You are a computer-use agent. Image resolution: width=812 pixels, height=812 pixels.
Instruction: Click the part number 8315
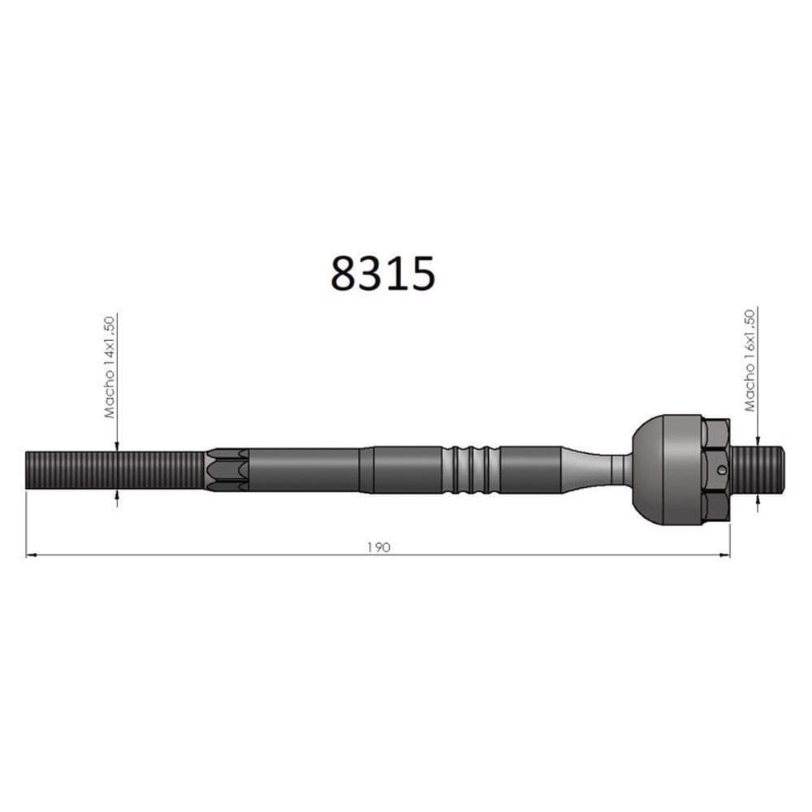[382, 273]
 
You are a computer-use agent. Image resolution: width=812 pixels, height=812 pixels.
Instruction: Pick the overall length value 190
[378, 546]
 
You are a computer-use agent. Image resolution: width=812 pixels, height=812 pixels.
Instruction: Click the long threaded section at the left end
[114, 470]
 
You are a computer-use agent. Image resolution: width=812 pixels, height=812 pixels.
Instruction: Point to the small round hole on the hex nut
[723, 469]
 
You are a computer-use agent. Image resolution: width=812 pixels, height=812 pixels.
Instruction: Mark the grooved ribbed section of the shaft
[471, 470]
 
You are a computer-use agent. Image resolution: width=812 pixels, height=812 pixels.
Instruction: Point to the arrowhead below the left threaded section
[117, 495]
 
